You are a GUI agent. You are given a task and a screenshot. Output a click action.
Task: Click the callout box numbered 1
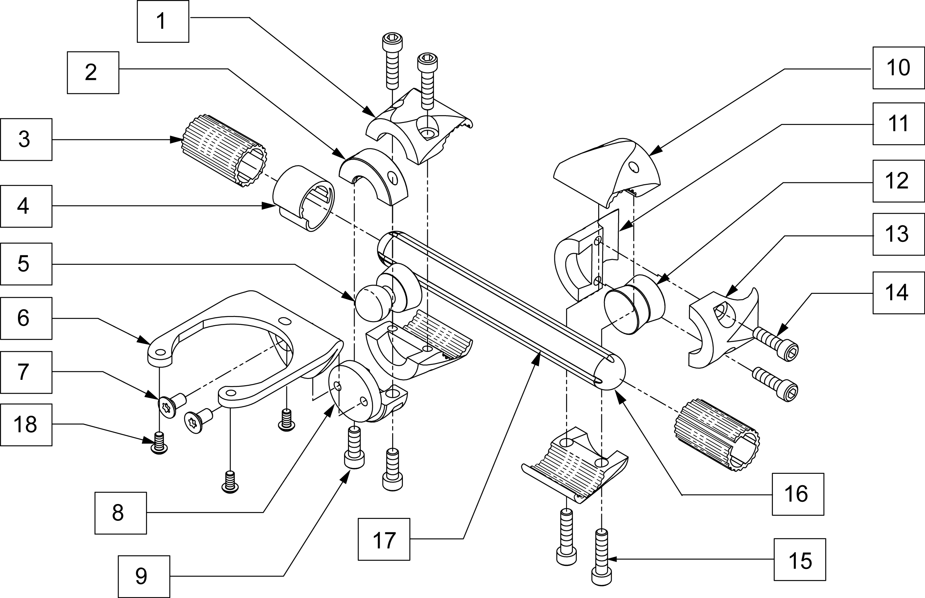(163, 21)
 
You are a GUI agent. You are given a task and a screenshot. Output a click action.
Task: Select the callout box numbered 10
(899, 68)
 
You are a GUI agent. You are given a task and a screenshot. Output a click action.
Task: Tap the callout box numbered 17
(384, 540)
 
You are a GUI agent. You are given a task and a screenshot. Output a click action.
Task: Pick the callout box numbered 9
(144, 577)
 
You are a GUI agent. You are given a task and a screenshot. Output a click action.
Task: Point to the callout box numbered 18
(26, 425)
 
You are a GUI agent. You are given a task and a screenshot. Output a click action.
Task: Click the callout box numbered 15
(800, 559)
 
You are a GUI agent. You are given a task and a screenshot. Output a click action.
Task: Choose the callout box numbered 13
(899, 234)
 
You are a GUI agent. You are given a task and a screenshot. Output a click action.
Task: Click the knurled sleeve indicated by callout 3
(224, 151)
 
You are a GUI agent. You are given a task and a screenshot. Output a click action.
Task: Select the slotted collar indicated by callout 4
(303, 198)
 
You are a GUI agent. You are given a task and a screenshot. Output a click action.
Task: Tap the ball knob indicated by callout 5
(374, 304)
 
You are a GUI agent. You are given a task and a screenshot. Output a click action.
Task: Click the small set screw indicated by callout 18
(159, 443)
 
